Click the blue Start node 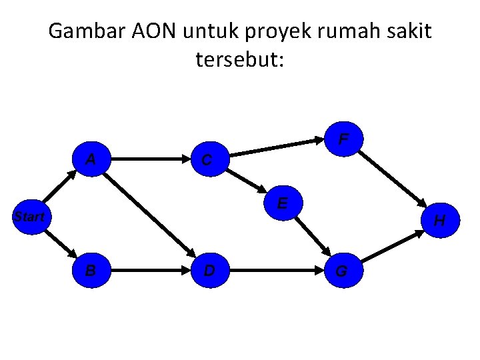(29, 217)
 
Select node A (92, 160)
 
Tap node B (90, 270)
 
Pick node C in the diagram (208, 160)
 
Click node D (209, 270)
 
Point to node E (283, 203)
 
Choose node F (343, 141)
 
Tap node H (439, 220)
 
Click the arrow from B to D (149, 271)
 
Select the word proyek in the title (269, 31)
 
